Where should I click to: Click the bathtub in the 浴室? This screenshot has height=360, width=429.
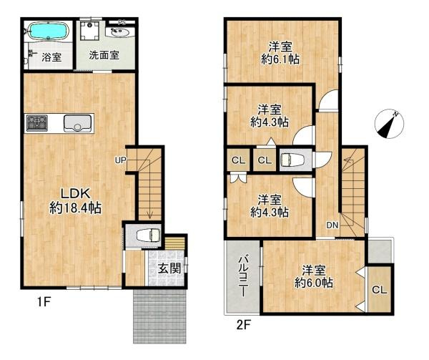tap(46, 31)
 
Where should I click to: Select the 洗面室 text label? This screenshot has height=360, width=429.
tap(104, 55)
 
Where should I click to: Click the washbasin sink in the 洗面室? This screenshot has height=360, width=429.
tap(119, 31)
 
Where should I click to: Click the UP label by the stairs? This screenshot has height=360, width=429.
tap(120, 160)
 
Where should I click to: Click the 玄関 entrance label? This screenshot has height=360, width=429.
tap(169, 268)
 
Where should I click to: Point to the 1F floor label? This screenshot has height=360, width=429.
tap(44, 303)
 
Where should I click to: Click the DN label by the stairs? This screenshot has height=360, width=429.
tap(332, 225)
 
